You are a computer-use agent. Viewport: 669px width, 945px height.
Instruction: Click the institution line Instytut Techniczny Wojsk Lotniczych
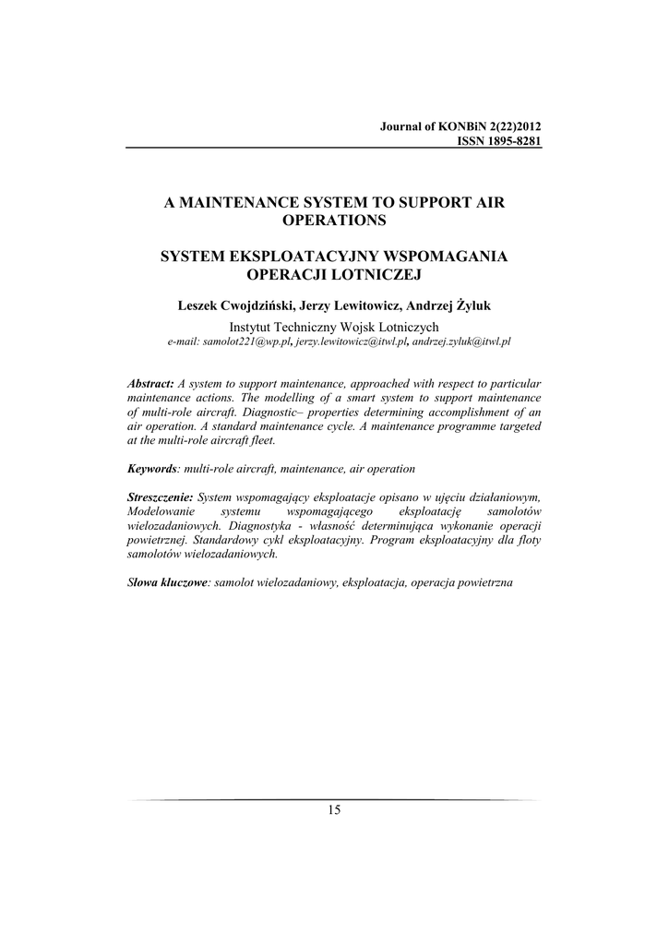click(334, 325)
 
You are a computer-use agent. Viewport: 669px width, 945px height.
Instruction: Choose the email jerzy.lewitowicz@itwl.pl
click(340, 341)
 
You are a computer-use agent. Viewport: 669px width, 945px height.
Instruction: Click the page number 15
click(334, 810)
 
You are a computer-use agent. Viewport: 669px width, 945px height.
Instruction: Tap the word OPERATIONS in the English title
click(334, 220)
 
